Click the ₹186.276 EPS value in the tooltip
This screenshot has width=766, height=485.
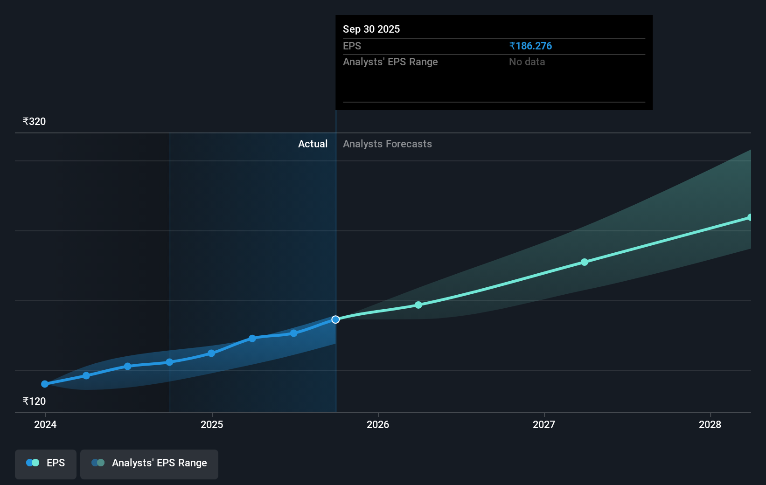point(530,46)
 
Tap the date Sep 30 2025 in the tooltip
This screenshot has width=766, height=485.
point(371,29)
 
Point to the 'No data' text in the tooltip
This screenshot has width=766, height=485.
point(527,62)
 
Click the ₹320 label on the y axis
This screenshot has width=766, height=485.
point(35,122)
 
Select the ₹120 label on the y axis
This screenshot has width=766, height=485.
point(35,402)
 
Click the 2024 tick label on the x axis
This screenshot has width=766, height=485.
point(45,425)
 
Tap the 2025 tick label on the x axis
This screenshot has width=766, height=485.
point(212,425)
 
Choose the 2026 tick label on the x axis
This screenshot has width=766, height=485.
point(378,425)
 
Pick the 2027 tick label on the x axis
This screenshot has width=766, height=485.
point(544,425)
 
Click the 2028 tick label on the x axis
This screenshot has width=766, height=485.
point(710,425)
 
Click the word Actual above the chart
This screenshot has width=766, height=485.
point(313,144)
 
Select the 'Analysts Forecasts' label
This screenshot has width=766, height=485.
point(387,144)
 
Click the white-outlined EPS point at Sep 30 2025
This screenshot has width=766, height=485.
point(335,319)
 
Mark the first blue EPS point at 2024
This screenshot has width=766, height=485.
point(45,384)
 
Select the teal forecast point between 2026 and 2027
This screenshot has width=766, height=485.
point(418,305)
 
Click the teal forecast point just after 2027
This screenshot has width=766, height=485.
point(585,262)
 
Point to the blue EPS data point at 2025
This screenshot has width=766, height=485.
point(211,353)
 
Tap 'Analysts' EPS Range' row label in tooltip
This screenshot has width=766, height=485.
point(390,62)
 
